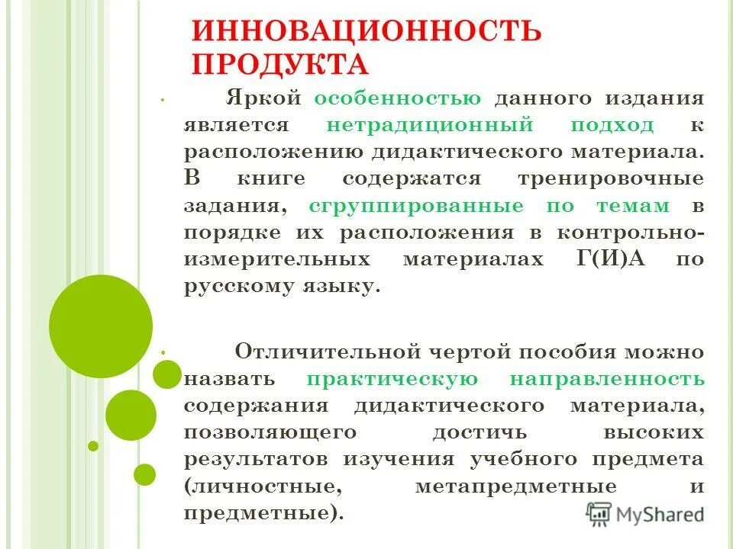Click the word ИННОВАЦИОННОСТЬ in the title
point(366,32)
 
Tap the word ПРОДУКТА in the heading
point(279,65)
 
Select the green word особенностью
point(397,99)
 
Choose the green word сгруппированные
point(416,206)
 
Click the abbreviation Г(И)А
point(608,259)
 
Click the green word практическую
point(392,379)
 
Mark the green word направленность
point(606,379)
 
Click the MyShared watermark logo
point(645,513)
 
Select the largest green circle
point(101,326)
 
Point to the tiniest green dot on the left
point(93,446)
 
